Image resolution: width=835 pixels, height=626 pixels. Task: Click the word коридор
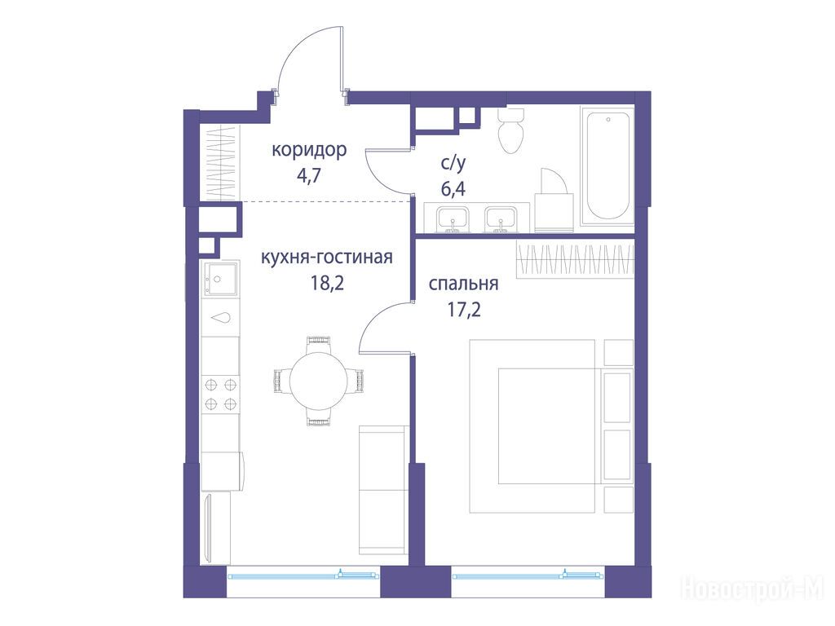pos(309,150)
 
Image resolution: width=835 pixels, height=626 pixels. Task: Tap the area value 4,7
pos(309,175)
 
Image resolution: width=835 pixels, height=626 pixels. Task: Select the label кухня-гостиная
pos(327,257)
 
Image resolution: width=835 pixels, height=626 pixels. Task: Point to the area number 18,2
pos(328,283)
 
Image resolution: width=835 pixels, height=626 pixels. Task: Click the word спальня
pos(464,284)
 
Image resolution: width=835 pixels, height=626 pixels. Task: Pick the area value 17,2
pos(464,309)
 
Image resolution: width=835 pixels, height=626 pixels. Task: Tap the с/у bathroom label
pos(453,163)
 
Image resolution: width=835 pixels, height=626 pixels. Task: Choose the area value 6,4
pos(453,188)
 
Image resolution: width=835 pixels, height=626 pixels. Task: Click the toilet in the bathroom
pos(511,130)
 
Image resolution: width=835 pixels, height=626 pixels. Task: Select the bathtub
pos(607,166)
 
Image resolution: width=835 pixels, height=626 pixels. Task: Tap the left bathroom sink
pos(452,219)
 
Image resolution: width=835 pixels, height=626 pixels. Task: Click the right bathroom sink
pos(500,219)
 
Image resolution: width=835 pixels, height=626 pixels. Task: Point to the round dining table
pos(319,380)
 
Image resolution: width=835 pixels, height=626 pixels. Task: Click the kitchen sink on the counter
pos(219,278)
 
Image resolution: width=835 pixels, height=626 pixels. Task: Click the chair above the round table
pos(319,343)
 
